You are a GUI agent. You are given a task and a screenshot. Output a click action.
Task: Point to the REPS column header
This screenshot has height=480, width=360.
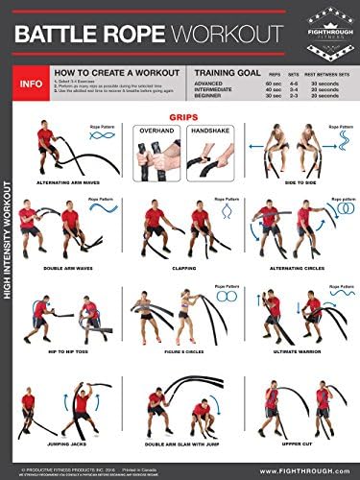pyautogui.click(x=271, y=74)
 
